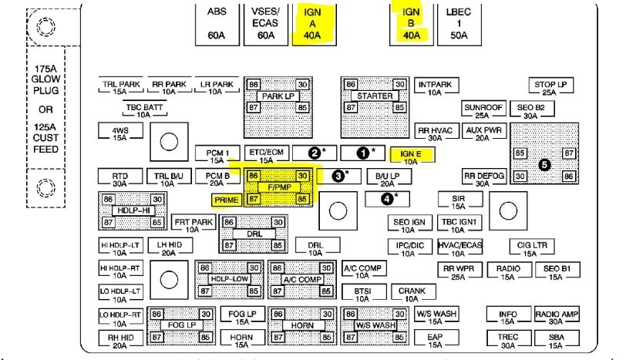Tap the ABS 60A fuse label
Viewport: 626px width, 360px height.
(x=217, y=23)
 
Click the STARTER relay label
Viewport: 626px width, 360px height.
(x=374, y=96)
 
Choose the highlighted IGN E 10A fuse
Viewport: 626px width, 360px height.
(x=411, y=157)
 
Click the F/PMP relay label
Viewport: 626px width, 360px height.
(x=278, y=187)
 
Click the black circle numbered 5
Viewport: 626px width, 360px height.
(x=545, y=164)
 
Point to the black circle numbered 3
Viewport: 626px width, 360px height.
(x=337, y=176)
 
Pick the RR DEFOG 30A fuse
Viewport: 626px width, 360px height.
(x=483, y=179)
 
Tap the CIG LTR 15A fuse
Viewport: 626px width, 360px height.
(x=529, y=248)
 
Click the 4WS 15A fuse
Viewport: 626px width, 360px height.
(x=119, y=133)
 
